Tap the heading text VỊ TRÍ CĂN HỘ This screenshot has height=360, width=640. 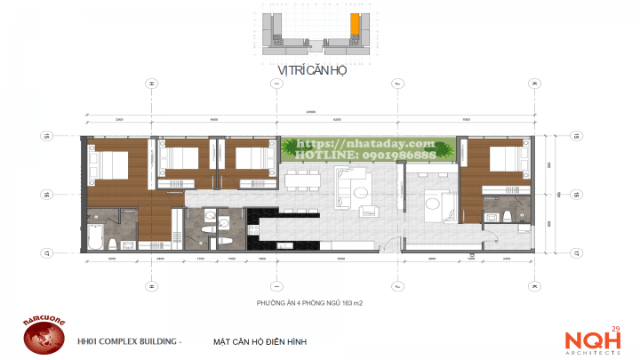coord(311,70)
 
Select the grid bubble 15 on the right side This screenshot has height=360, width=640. coord(576,136)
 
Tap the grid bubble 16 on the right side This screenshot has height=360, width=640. coord(576,193)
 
